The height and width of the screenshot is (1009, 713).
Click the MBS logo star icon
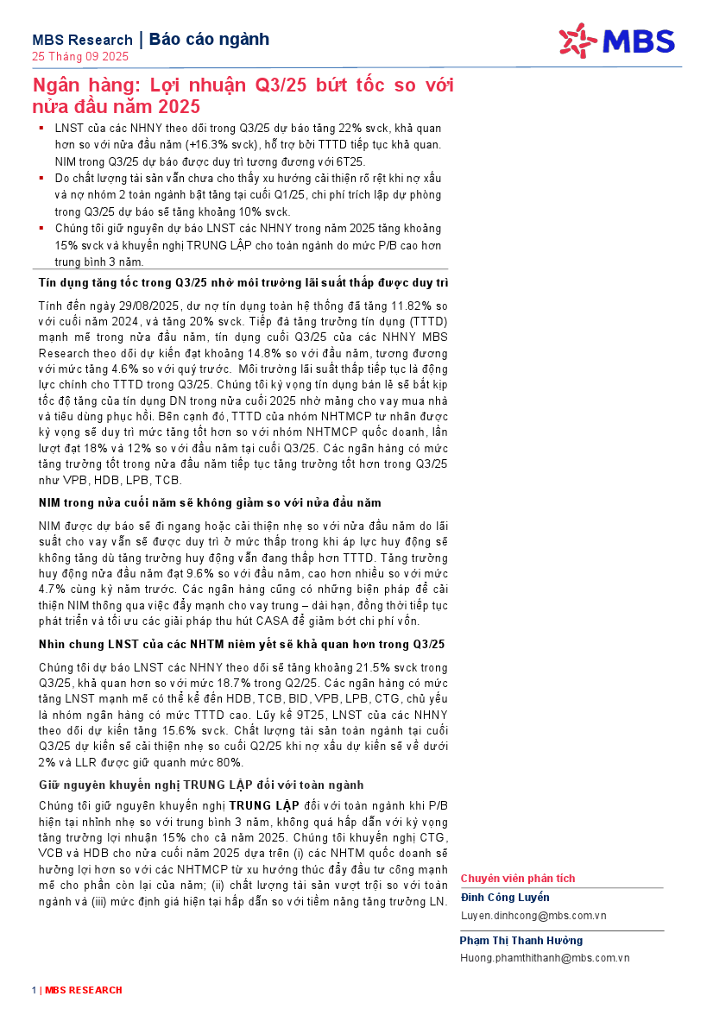[x=577, y=41]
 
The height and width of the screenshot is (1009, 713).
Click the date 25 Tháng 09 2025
[x=79, y=57]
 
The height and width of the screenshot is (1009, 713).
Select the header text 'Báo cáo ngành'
[x=209, y=39]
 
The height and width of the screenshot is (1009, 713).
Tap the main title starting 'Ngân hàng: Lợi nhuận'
[x=243, y=96]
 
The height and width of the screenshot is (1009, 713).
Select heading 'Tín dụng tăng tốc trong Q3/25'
[x=243, y=283]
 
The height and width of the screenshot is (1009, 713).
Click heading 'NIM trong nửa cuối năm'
[x=210, y=502]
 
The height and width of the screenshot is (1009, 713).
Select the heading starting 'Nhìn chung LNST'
[x=242, y=644]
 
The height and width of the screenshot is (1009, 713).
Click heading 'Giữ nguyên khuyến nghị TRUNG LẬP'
[x=201, y=785]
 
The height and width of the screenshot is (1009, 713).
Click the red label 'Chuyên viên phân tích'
[x=517, y=879]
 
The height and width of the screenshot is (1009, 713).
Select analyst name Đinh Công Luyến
[x=504, y=898]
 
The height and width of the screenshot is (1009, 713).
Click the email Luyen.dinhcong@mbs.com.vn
[x=533, y=915]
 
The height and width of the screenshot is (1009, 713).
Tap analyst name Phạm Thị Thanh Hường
[x=521, y=940]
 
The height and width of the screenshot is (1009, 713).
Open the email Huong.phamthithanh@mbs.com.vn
[x=545, y=957]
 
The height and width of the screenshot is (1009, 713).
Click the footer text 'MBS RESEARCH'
[x=84, y=990]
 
